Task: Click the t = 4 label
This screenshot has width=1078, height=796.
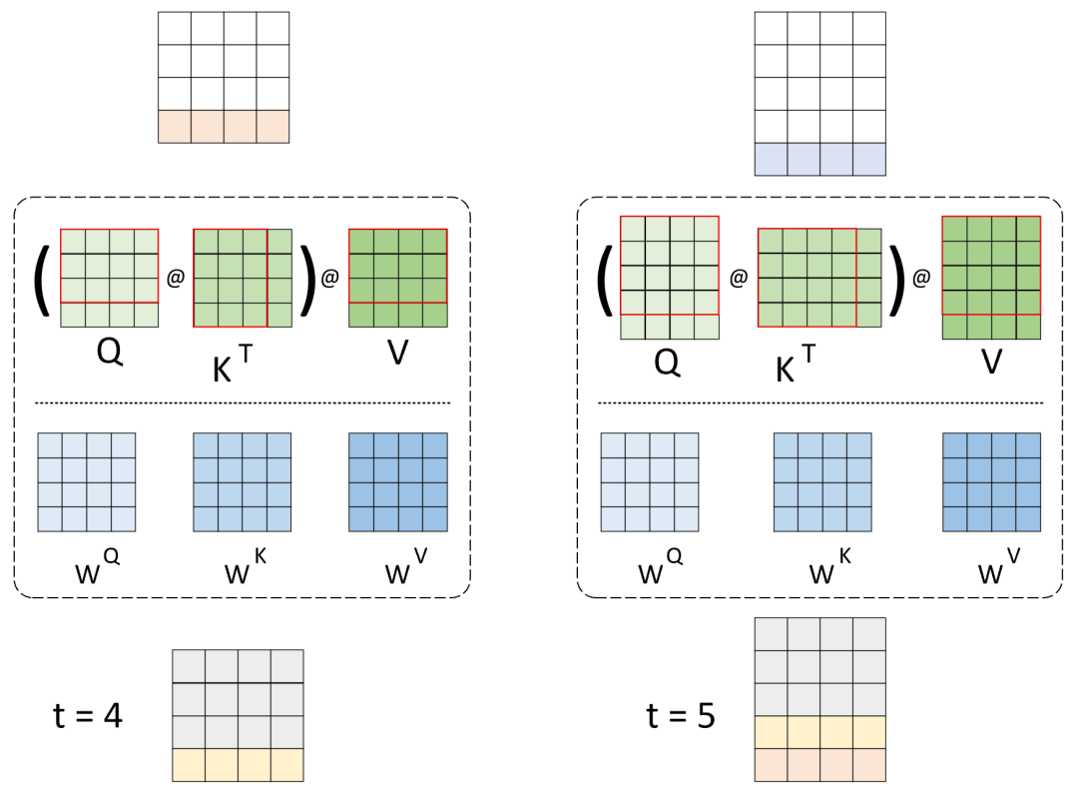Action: point(88,715)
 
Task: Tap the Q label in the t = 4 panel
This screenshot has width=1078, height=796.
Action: point(110,353)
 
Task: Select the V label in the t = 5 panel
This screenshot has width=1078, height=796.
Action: point(991,361)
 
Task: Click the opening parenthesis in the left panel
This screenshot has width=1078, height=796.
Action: point(43,279)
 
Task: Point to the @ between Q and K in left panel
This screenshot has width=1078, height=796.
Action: point(176,279)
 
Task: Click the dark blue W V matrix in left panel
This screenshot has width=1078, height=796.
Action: point(397,482)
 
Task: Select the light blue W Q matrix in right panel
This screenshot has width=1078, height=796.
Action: point(650,482)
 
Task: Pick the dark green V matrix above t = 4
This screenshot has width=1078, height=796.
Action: point(397,278)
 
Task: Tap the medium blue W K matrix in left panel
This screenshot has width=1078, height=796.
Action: point(243,482)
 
